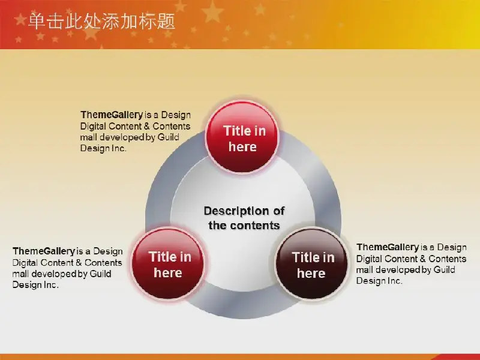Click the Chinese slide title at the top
pos(101,22)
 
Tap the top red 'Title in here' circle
pos(242,137)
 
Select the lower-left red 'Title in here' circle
pos(168,263)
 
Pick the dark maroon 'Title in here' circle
pos(311,263)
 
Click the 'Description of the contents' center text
pos(244,218)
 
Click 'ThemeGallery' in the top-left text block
pos(112,115)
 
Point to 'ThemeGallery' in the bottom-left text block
pos(43,251)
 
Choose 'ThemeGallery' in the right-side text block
pos(388,247)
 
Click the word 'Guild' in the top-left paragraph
pos(169,137)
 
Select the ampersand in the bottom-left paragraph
pos(79,263)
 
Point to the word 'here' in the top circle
pos(242,147)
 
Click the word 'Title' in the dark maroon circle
pos(304,257)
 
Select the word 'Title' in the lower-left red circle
pos(161,257)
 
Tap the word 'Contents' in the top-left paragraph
pos(172,126)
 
